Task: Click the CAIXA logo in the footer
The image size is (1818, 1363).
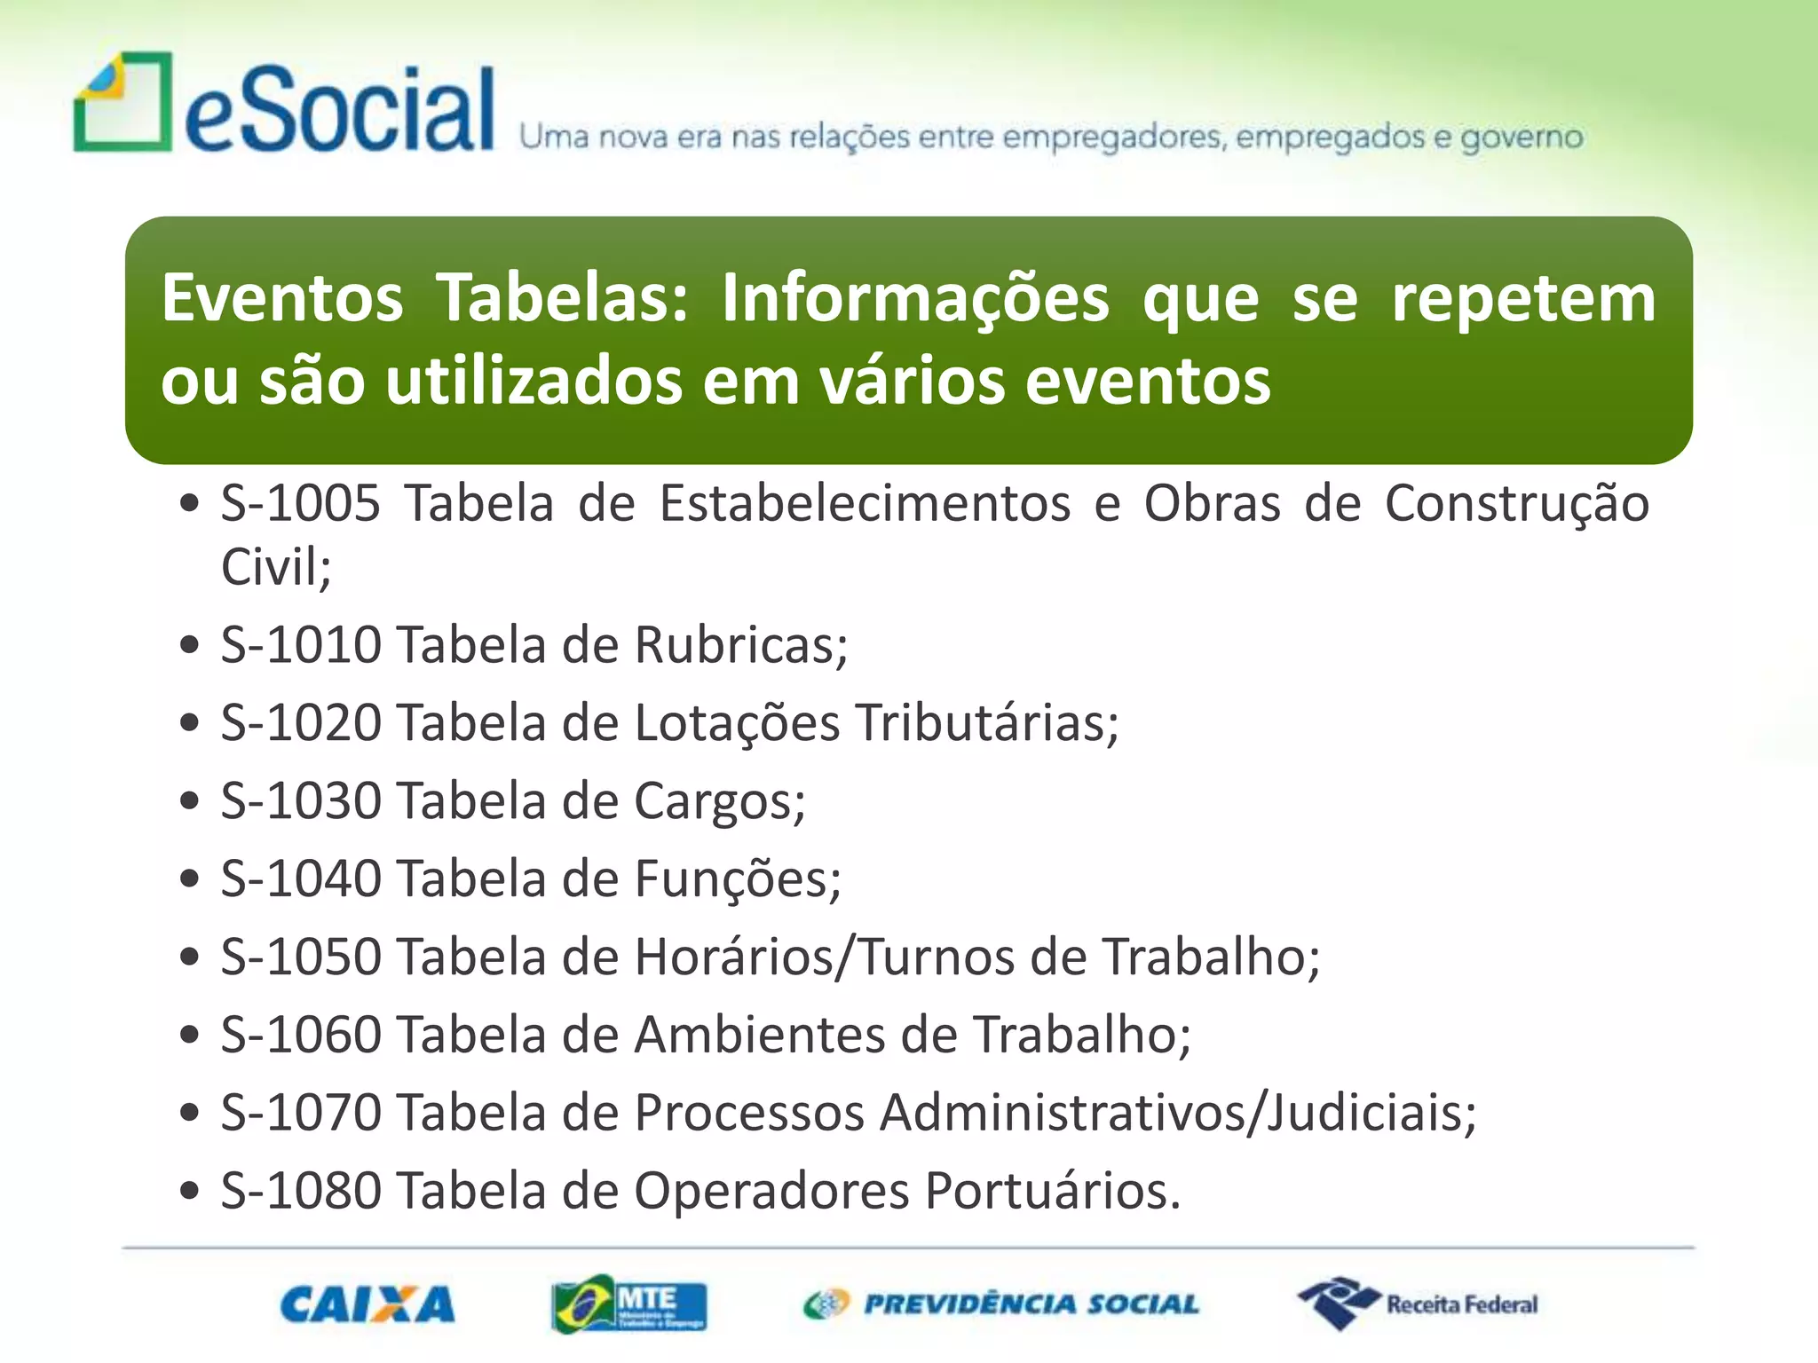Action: click(x=367, y=1304)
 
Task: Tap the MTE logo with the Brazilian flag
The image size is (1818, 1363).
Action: click(x=628, y=1304)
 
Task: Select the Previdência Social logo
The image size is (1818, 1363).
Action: click(x=1000, y=1304)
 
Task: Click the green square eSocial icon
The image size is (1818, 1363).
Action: click(x=123, y=102)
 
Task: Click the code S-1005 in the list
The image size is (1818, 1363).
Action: click(x=301, y=503)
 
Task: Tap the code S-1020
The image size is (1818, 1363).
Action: click(x=301, y=722)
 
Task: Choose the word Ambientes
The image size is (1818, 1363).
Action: click(x=760, y=1036)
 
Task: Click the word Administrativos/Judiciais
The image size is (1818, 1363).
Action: click(x=1178, y=1113)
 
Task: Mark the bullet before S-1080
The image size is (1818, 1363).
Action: click(x=188, y=1191)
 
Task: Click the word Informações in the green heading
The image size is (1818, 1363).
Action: click(x=914, y=298)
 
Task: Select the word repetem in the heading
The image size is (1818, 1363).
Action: click(x=1522, y=298)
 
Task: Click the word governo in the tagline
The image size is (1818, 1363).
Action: click(x=1522, y=138)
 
